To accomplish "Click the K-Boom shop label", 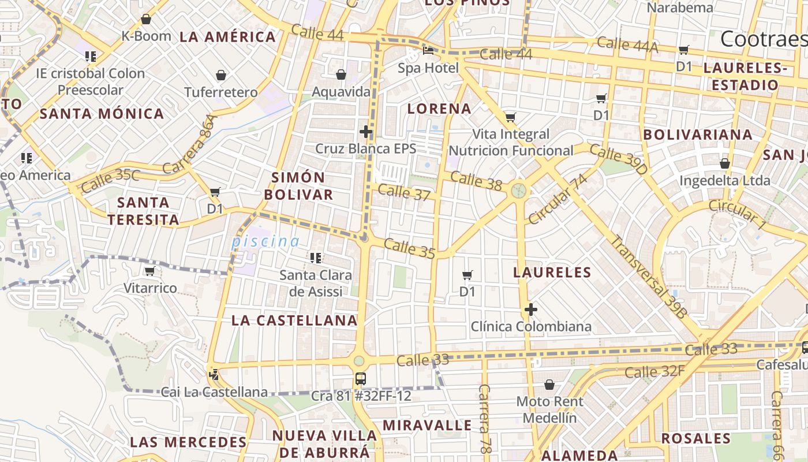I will tap(146, 36).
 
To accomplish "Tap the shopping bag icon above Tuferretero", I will tap(220, 75).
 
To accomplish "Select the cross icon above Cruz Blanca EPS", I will tap(365, 132).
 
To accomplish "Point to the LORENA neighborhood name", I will tap(439, 109).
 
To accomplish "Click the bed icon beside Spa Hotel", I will tap(428, 51).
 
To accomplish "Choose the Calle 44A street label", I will tap(627, 45).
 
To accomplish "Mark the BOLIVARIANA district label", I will tap(698, 135).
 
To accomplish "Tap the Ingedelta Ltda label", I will tap(724, 180).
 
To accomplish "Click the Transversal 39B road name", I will tap(649, 277).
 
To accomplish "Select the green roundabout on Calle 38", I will tap(518, 189).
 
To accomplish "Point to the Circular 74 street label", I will tap(557, 199).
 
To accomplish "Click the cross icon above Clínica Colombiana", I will tap(531, 310).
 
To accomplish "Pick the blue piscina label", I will tap(265, 242).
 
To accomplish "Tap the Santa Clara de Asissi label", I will tap(316, 283).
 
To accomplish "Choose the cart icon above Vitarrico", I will tap(149, 271).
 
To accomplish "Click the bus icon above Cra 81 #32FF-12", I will tap(360, 379).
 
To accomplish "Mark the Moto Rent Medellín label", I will tap(549, 409).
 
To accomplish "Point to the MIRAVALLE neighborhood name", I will tap(427, 426).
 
